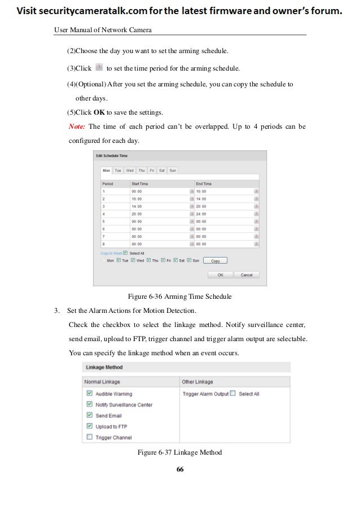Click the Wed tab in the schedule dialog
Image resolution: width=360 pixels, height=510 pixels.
coord(130,170)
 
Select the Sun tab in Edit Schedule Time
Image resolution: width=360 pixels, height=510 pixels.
coord(173,170)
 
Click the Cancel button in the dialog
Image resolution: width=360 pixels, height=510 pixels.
coord(246,275)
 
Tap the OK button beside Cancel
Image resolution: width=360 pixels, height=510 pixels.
coord(221,275)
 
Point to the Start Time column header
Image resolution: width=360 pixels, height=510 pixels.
coord(141,184)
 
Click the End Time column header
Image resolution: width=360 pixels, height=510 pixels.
coord(204,184)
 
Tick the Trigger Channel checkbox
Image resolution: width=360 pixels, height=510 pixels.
coord(89,437)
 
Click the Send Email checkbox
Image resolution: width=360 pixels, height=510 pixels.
coord(89,415)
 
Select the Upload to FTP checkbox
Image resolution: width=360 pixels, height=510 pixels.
coord(89,426)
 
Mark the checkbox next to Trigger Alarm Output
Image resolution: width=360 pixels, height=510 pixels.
coord(232,394)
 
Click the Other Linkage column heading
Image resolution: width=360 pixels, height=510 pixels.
coord(198,382)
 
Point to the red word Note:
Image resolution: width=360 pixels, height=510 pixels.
coord(77,126)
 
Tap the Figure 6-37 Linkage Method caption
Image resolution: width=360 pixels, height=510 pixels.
coord(179,452)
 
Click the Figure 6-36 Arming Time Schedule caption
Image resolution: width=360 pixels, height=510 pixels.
coord(179,297)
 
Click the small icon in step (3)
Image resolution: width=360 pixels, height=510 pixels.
coord(99,68)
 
